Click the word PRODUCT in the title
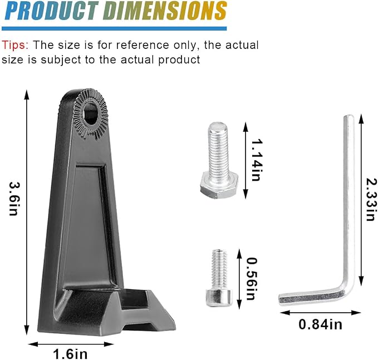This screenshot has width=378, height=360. tap(51, 11)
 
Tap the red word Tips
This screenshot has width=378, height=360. tap(15, 45)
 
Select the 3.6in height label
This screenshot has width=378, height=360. tap(13, 199)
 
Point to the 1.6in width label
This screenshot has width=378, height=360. tap(70, 354)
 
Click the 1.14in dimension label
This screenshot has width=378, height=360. tap(256, 160)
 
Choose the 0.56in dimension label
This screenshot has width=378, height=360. tap(252, 279)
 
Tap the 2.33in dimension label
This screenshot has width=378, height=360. tap(371, 199)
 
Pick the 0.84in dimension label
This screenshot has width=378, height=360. tap(321, 324)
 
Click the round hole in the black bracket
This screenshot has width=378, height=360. tap(91, 114)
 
